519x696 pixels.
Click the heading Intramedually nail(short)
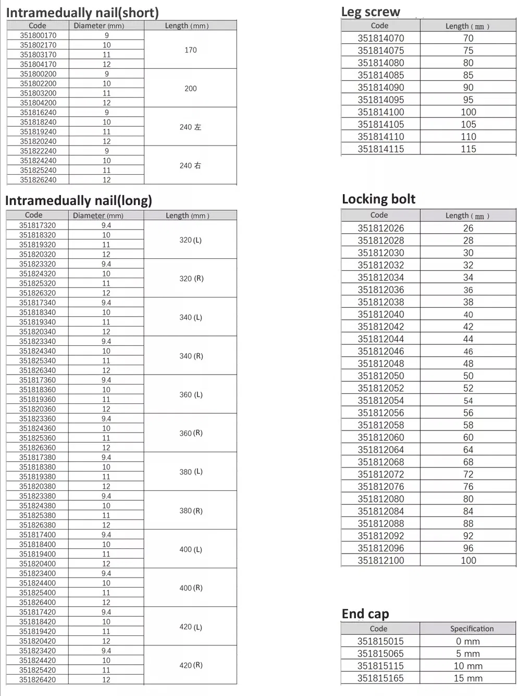(82, 12)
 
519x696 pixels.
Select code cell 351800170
(38, 35)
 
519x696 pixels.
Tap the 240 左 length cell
(190, 127)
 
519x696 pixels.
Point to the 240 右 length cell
(190, 165)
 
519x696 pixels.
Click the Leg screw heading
(370, 11)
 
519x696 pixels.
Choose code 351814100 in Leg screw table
(380, 112)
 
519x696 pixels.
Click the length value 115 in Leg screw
(468, 149)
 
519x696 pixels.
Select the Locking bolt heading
(378, 199)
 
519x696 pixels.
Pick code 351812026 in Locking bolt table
(380, 228)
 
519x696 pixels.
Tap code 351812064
(380, 450)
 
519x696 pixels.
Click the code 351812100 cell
(380, 560)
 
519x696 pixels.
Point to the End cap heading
(365, 614)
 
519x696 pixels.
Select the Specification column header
(472, 629)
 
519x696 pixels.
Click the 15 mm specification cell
(468, 678)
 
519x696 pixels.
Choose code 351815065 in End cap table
(380, 654)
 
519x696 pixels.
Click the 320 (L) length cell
(190, 240)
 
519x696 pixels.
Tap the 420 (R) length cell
(191, 665)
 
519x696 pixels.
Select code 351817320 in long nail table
(38, 225)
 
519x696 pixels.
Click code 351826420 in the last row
(38, 680)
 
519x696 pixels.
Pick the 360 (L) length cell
(191, 394)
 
